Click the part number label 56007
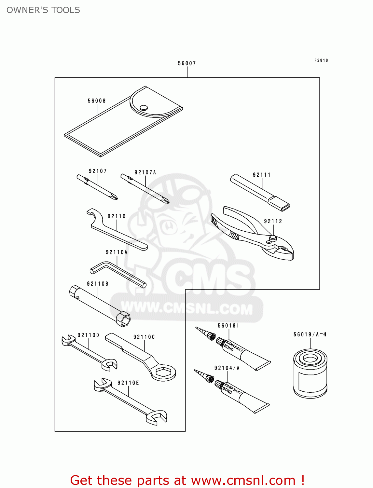coord(187,63)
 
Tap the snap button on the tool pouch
coord(143,107)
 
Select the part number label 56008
coord(97,101)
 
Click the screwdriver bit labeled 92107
coord(98,188)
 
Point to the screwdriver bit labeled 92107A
coord(145,189)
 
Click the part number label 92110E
coord(128,383)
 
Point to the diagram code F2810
coord(321,60)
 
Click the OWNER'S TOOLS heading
coord(43,10)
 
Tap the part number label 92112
coord(273,221)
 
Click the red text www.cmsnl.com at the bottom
coord(243,480)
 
